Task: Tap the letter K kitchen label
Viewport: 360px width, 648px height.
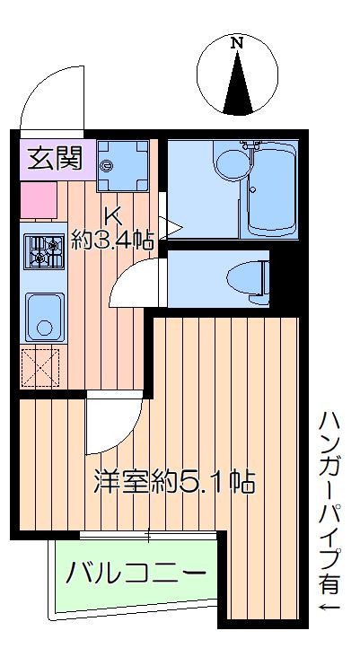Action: pos(112,216)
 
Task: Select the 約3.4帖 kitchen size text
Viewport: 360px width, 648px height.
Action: pos(113,240)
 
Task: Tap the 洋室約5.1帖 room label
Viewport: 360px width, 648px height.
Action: pos(173,482)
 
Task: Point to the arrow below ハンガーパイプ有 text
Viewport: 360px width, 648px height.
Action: pos(329,612)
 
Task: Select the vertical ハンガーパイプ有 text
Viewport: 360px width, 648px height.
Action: pos(329,503)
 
